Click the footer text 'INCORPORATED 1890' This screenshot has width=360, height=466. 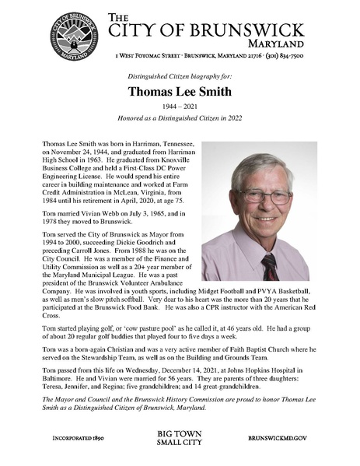[x=76, y=438]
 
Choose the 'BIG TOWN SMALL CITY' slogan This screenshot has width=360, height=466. [x=180, y=438]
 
